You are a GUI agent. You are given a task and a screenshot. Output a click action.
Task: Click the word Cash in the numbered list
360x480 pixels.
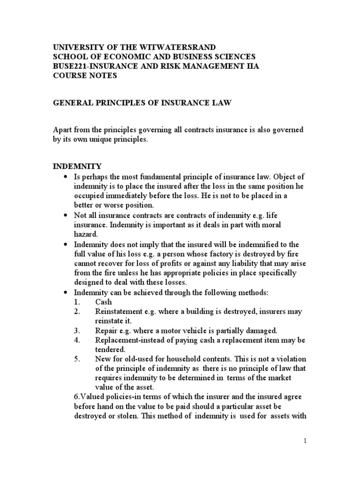[103, 302]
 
